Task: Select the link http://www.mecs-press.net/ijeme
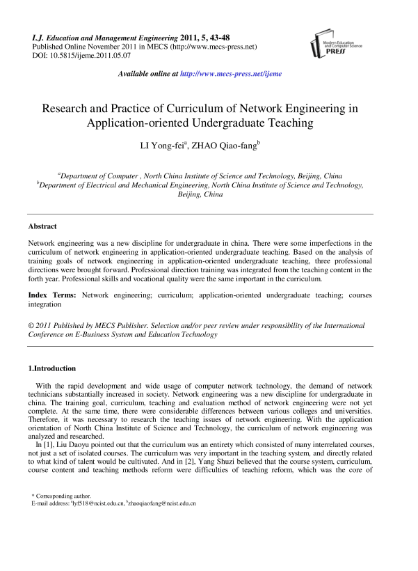(231, 74)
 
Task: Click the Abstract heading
(42, 226)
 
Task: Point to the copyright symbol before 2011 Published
(31, 325)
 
